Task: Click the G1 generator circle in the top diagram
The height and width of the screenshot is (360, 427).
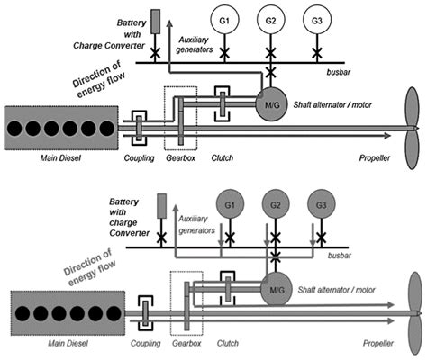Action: point(221,19)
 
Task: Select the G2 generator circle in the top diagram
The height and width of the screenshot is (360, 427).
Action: point(268,19)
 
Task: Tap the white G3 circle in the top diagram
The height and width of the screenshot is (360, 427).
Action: point(315,19)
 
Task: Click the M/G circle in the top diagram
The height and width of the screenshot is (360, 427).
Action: point(269,105)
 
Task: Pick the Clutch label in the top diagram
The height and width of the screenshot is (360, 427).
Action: point(222,158)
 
